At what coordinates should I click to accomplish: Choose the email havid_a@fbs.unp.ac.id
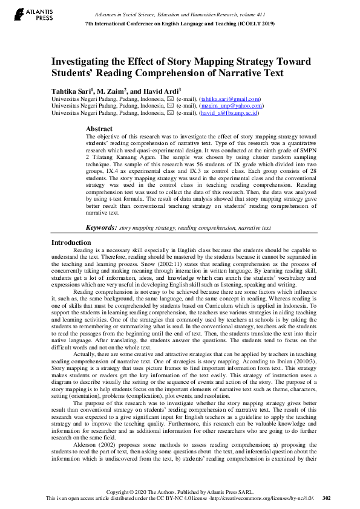(229, 112)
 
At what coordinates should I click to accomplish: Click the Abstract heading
(99, 129)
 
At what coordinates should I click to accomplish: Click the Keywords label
(101, 227)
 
